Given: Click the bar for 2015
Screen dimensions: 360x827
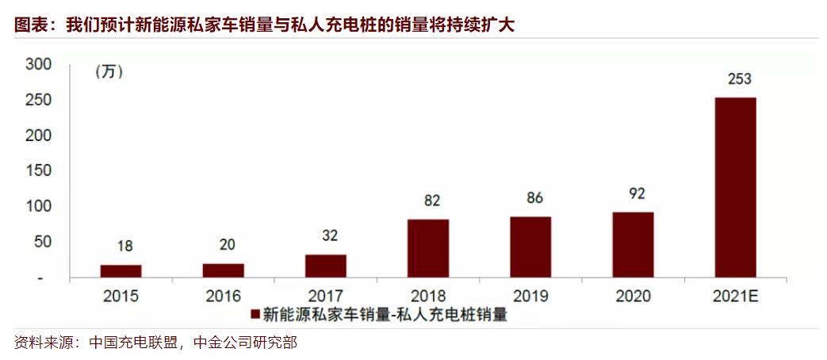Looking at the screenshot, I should pyautogui.click(x=121, y=271).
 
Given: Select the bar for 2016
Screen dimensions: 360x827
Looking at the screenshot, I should pyautogui.click(x=223, y=270).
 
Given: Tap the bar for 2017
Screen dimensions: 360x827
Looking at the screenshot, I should pyautogui.click(x=326, y=266).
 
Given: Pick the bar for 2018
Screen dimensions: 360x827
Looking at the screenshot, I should pyautogui.click(x=428, y=249).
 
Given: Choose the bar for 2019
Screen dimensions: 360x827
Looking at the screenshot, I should pyautogui.click(x=530, y=247).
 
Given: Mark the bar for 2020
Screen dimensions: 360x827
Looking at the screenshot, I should pyautogui.click(x=633, y=245).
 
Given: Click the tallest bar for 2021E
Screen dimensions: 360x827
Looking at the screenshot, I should pyautogui.click(x=735, y=188).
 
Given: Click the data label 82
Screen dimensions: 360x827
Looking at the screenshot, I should pyautogui.click(x=432, y=201).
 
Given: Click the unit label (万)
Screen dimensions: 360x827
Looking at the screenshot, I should pyautogui.click(x=110, y=72).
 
